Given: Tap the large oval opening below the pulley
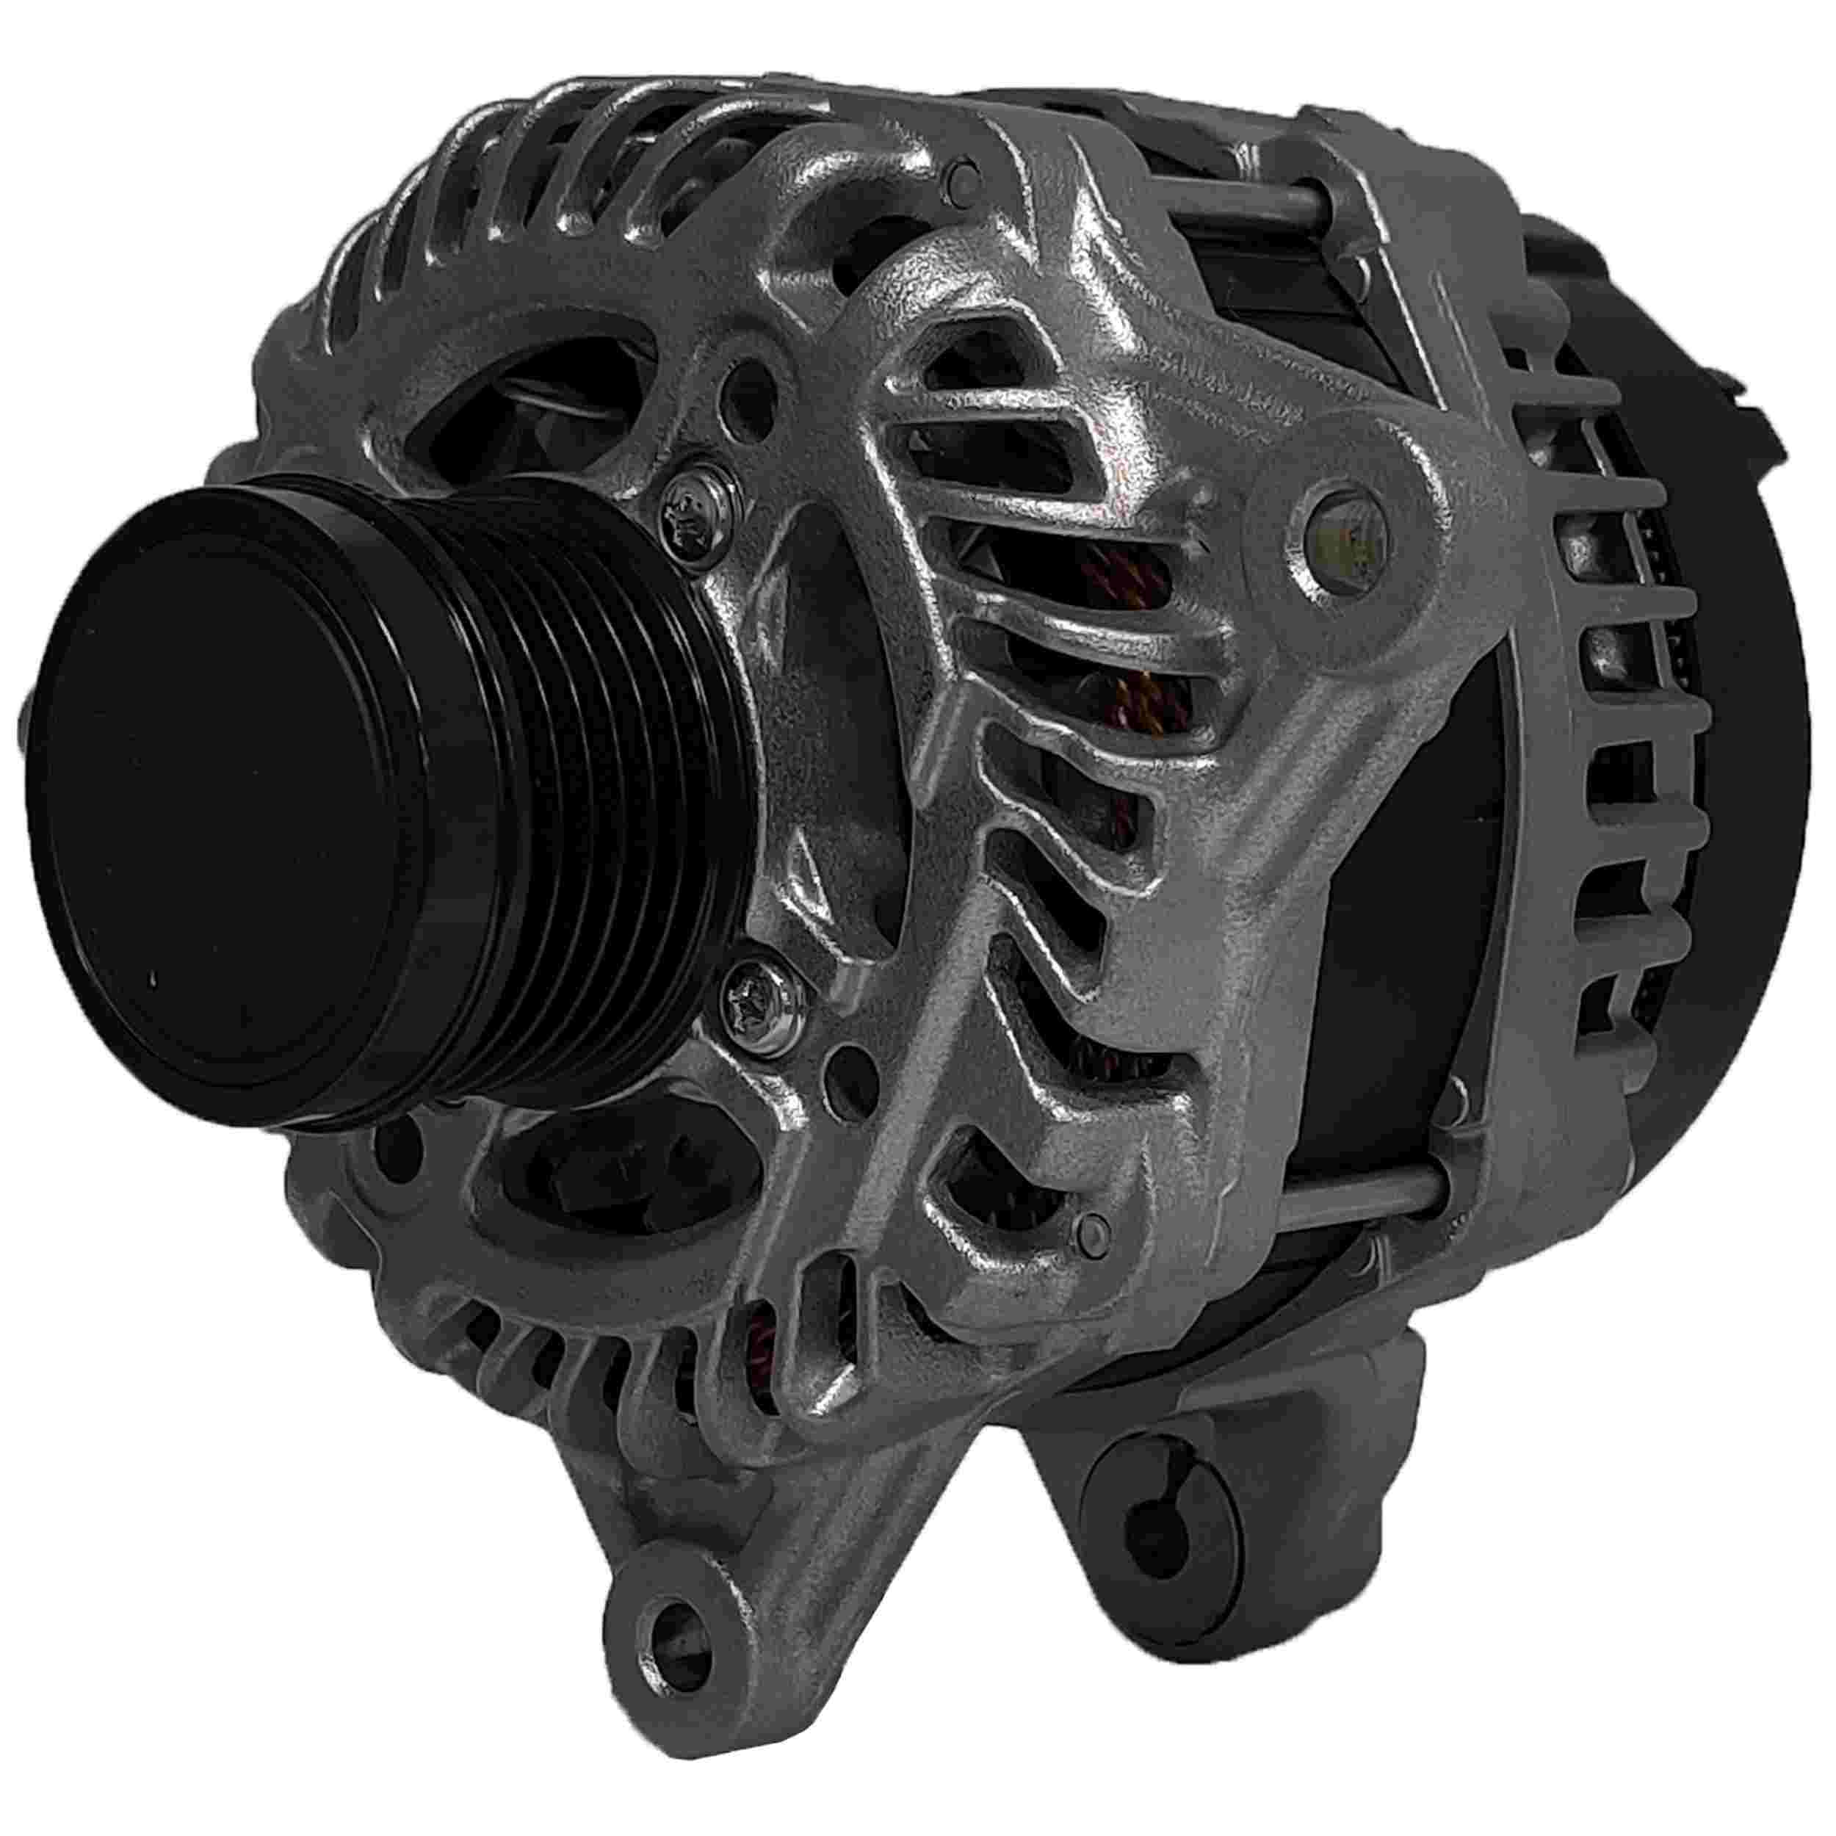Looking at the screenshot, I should pyautogui.click(x=608, y=1179).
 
